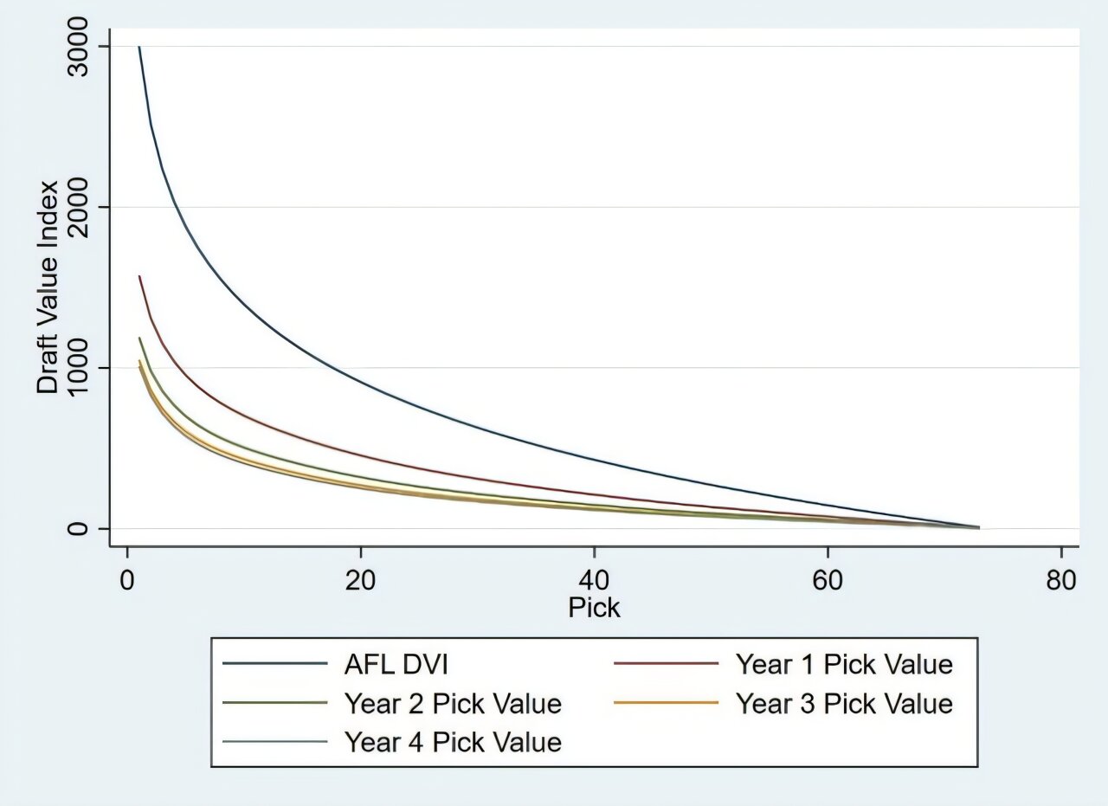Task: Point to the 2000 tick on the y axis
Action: tap(84, 207)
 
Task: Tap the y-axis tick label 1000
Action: tap(84, 368)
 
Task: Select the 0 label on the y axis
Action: tap(84, 528)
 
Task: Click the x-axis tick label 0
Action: tap(127, 580)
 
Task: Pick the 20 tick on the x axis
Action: tap(360, 580)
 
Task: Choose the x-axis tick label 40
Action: tap(594, 580)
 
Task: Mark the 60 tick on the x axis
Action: tap(828, 580)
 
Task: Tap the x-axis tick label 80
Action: tap(1061, 580)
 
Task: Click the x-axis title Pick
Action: tap(594, 608)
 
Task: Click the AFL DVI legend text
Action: tap(396, 665)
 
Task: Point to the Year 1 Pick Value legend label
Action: tap(844, 665)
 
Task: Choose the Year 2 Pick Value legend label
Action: tap(453, 703)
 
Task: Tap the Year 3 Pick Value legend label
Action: tap(844, 703)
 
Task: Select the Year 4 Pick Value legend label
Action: tap(453, 742)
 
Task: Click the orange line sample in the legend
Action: tap(666, 703)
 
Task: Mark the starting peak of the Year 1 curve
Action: tap(139, 277)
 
